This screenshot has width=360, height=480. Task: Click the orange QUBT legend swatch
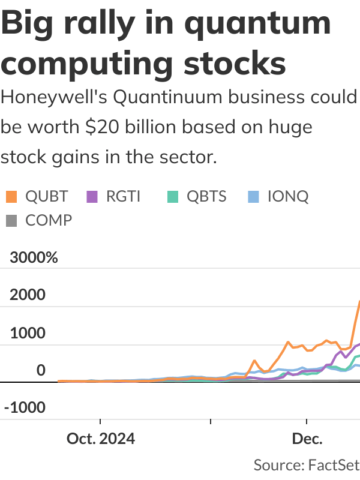(11, 196)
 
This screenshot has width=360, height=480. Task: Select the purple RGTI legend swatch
(92, 196)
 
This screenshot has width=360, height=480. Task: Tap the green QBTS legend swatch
(173, 196)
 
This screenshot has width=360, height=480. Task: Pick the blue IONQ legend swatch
(254, 196)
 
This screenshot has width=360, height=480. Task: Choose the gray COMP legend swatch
(11, 220)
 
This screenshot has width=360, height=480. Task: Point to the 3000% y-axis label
(34, 258)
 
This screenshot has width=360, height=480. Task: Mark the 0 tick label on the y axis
(41, 370)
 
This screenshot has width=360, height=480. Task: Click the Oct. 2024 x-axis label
(101, 439)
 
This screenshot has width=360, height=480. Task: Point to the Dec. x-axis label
(307, 439)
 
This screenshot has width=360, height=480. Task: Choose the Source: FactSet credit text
(306, 464)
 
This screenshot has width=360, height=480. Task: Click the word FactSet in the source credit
(334, 464)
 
